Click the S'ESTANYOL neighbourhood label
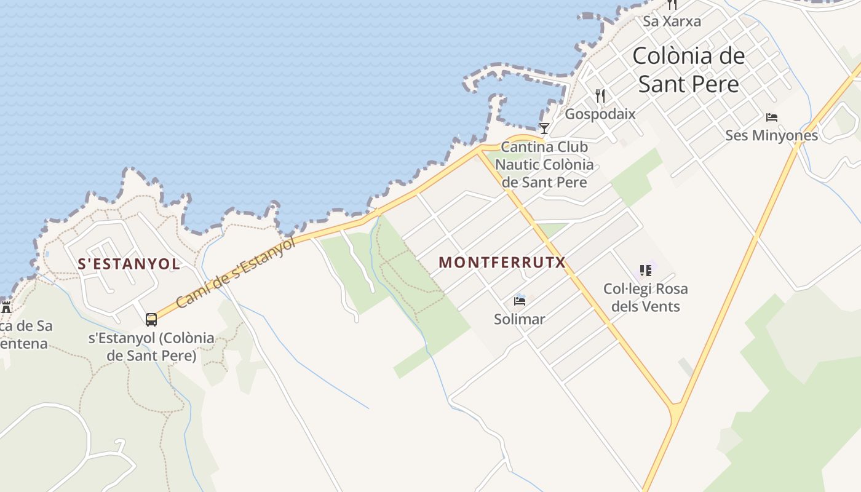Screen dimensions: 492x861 [x=129, y=264]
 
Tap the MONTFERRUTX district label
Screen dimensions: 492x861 [x=502, y=262]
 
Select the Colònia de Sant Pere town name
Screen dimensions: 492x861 [x=688, y=69]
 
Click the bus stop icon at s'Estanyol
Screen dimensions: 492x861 [x=151, y=319]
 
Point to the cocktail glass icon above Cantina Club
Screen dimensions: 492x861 [x=544, y=128]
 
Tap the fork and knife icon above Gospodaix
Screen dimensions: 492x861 [x=600, y=95]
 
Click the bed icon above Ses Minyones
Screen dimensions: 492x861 [x=771, y=117]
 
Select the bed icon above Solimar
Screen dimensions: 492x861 [x=520, y=301]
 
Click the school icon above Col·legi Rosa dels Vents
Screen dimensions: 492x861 [x=645, y=270]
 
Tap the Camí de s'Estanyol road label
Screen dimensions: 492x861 [x=236, y=273]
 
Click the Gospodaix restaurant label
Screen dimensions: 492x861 [x=600, y=114]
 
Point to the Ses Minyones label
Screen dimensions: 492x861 [x=771, y=135]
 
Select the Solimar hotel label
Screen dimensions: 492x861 [x=520, y=319]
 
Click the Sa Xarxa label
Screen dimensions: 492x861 [x=672, y=21]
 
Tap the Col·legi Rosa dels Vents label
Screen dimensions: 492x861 [x=645, y=297]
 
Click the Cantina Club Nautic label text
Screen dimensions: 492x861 [x=544, y=164]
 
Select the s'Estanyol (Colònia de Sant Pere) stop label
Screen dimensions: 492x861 [x=151, y=346]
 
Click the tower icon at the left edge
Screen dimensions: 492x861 [x=6, y=307]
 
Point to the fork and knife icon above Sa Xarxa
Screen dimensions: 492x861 [x=672, y=4]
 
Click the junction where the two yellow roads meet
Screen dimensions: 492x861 [x=676, y=408]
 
